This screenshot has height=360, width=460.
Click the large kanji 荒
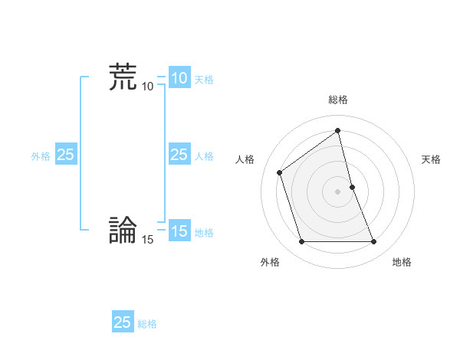(123, 77)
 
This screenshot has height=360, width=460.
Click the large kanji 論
(123, 231)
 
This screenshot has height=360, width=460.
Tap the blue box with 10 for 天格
(179, 78)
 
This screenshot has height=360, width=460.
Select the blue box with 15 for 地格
(179, 231)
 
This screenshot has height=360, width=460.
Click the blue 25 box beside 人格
(179, 155)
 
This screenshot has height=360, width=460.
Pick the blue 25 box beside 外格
(66, 155)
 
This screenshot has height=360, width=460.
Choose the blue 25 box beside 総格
(123, 322)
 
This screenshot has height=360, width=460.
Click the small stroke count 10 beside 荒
(147, 87)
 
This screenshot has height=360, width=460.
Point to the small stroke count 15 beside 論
(147, 240)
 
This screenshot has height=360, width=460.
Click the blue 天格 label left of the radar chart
(204, 79)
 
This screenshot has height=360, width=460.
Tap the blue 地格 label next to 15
(204, 233)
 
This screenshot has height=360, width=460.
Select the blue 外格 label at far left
(41, 155)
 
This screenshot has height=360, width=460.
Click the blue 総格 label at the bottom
(147, 324)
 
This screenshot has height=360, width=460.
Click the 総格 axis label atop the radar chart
(338, 100)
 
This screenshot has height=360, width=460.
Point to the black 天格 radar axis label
(431, 159)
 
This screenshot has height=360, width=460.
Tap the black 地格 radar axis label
(402, 262)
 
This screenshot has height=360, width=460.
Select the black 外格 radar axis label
(270, 262)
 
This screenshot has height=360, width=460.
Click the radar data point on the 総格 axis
(338, 130)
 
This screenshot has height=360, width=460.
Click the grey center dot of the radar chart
(338, 191)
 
